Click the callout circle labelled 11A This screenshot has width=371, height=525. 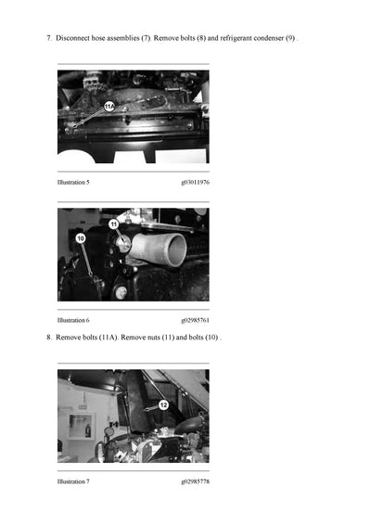tap(109, 108)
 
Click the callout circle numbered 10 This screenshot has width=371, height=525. tap(81, 238)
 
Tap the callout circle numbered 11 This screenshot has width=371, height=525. tap(114, 224)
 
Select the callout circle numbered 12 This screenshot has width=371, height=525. tap(162, 404)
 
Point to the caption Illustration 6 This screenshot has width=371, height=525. tap(73, 320)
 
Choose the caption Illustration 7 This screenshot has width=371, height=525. tap(73, 481)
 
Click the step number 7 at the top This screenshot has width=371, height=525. tap(48, 38)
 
